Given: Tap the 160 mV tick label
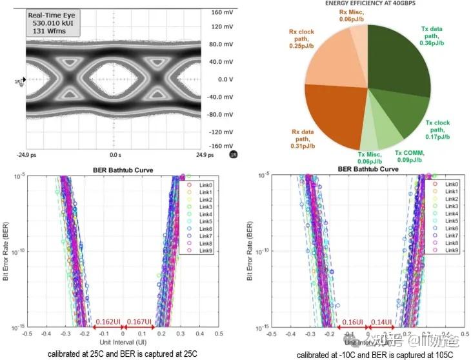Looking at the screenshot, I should pos(221,12).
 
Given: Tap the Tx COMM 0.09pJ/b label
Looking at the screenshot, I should pos(409,156).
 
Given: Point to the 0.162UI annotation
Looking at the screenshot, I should pos(107,321).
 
